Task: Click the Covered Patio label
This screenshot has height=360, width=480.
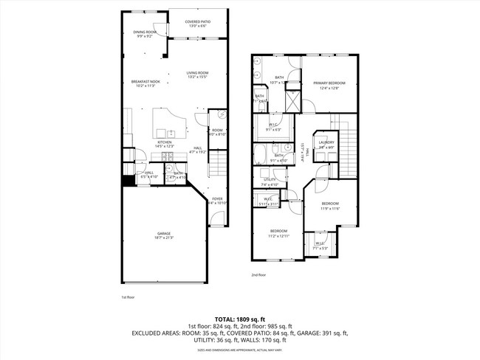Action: click(x=197, y=22)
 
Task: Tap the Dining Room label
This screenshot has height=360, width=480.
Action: click(x=145, y=32)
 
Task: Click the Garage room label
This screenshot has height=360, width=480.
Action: click(x=163, y=233)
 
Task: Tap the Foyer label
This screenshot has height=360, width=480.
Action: click(x=217, y=198)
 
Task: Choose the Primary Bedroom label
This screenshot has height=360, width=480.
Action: click(x=324, y=83)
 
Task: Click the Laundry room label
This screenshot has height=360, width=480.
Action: click(x=326, y=142)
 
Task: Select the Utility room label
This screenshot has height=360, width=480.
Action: click(x=270, y=179)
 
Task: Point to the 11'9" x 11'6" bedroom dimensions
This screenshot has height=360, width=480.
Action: click(x=329, y=208)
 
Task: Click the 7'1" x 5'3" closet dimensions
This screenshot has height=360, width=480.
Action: click(x=320, y=248)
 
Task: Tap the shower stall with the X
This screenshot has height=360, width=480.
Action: click(x=292, y=99)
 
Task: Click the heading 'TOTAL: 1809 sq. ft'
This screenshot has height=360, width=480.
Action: click(x=240, y=317)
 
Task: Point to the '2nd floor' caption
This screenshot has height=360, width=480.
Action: click(x=258, y=274)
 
